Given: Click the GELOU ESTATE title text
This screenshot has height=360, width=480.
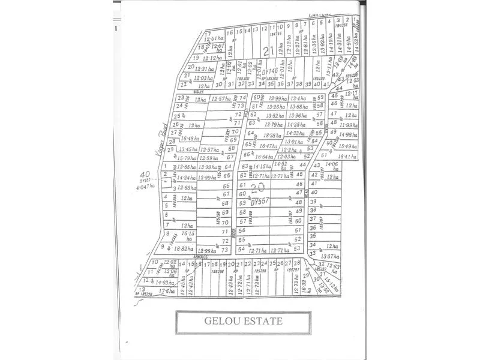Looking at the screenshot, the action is tap(243, 321).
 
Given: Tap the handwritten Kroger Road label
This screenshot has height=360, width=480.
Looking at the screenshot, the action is tap(161, 137).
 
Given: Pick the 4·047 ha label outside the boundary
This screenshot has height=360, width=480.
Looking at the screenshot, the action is tap(145, 186).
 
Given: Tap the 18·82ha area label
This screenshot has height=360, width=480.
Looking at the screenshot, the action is tap(183, 248).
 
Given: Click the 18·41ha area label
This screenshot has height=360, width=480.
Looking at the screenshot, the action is tap(347, 156).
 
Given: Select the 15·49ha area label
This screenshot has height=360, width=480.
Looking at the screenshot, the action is tap(348, 146).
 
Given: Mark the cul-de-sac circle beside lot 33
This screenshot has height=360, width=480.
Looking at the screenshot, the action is tap(312, 253).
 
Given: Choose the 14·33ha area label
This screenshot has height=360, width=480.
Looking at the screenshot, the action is tap(295, 133).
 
